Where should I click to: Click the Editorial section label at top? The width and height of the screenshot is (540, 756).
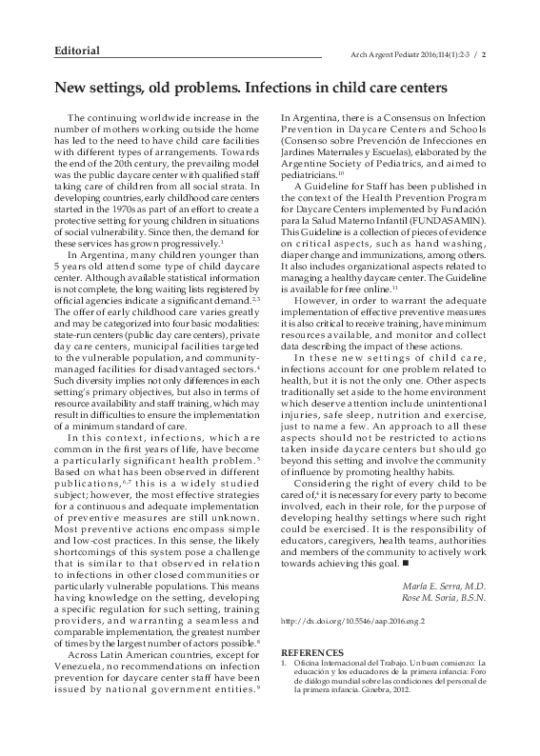77,50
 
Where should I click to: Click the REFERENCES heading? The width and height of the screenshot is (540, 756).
313,652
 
